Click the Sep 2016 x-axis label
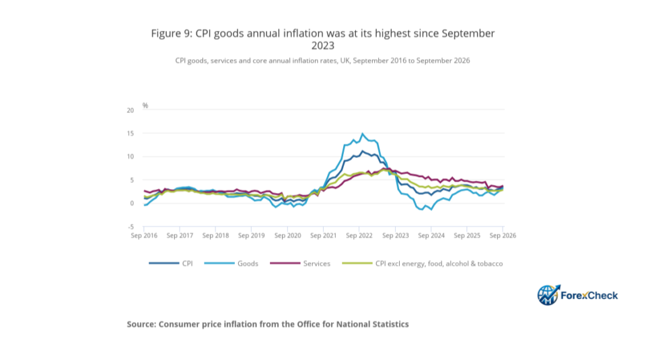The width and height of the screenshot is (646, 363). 144,235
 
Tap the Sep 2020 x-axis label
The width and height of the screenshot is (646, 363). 287,235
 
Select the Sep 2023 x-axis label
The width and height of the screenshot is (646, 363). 396,235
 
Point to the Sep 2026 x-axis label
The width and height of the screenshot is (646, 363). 503,235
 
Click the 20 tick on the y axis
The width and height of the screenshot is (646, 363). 131,110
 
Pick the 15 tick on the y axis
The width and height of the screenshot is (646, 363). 131,133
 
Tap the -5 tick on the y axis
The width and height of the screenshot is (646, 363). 131,227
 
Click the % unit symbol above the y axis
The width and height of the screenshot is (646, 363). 145,106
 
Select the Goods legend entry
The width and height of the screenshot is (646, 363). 231,264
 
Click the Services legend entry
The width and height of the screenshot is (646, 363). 300,264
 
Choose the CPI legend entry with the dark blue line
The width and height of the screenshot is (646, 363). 170,264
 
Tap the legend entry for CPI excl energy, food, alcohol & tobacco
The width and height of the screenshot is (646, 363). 423,264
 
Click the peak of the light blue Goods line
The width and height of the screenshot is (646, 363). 362,133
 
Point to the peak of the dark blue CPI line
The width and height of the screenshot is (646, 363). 362,151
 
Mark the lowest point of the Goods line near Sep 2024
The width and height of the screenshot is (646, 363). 431,210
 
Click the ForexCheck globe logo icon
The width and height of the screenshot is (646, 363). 548,295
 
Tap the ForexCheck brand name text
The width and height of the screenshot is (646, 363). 589,296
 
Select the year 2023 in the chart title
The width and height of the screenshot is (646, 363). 322,45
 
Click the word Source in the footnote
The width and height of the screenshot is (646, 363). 141,324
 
